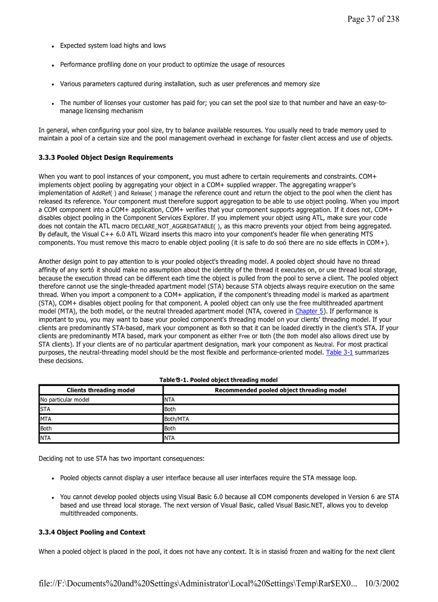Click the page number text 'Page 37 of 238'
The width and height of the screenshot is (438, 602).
pos(373,19)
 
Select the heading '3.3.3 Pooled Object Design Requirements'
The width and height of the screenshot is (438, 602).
pos(106,158)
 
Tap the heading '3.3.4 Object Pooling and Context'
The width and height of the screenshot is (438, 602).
pos(92,532)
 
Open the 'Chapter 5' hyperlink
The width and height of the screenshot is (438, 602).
pos(309,311)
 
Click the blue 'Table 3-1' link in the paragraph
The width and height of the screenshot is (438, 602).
pos(339,353)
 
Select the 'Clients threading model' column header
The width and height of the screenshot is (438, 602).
pos(100,390)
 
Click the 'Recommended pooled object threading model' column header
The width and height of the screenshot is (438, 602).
pos(280,390)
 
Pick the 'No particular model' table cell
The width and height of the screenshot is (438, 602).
pos(65,400)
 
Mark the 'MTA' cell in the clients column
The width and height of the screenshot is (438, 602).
pos(46,419)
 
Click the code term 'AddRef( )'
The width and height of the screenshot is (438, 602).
pos(104,194)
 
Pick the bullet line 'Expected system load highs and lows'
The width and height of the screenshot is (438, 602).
pos(113,46)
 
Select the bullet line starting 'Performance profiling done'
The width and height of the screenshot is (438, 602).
pos(172,64)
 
